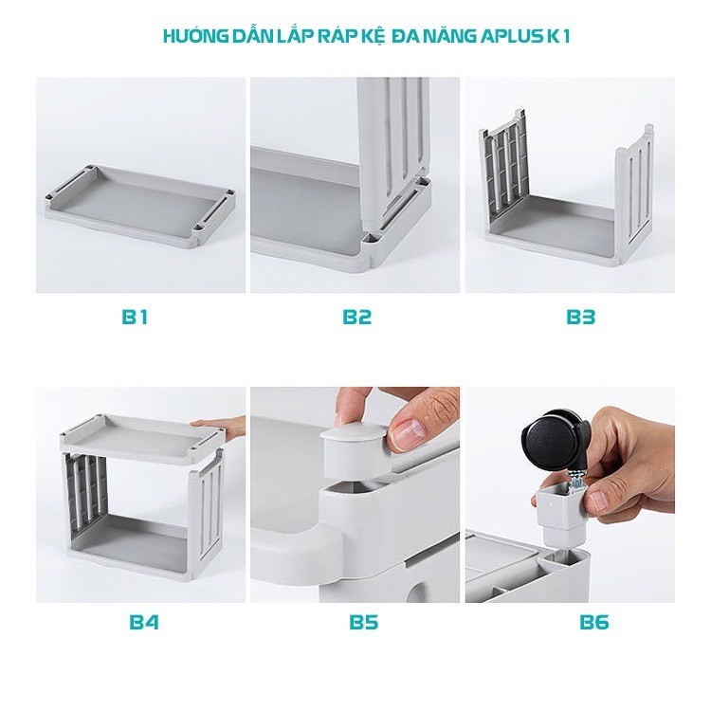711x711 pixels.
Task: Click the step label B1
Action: point(135,317)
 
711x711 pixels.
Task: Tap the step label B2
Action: point(356,317)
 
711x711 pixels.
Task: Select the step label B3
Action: point(580,317)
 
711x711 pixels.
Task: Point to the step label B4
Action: point(144,622)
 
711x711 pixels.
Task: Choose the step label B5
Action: point(364,622)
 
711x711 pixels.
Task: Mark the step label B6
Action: point(594,622)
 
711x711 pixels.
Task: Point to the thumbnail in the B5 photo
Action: point(407,434)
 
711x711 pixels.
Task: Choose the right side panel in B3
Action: point(635,191)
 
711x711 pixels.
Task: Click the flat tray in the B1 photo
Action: point(140,205)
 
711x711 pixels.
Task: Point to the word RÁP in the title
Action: point(335,37)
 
